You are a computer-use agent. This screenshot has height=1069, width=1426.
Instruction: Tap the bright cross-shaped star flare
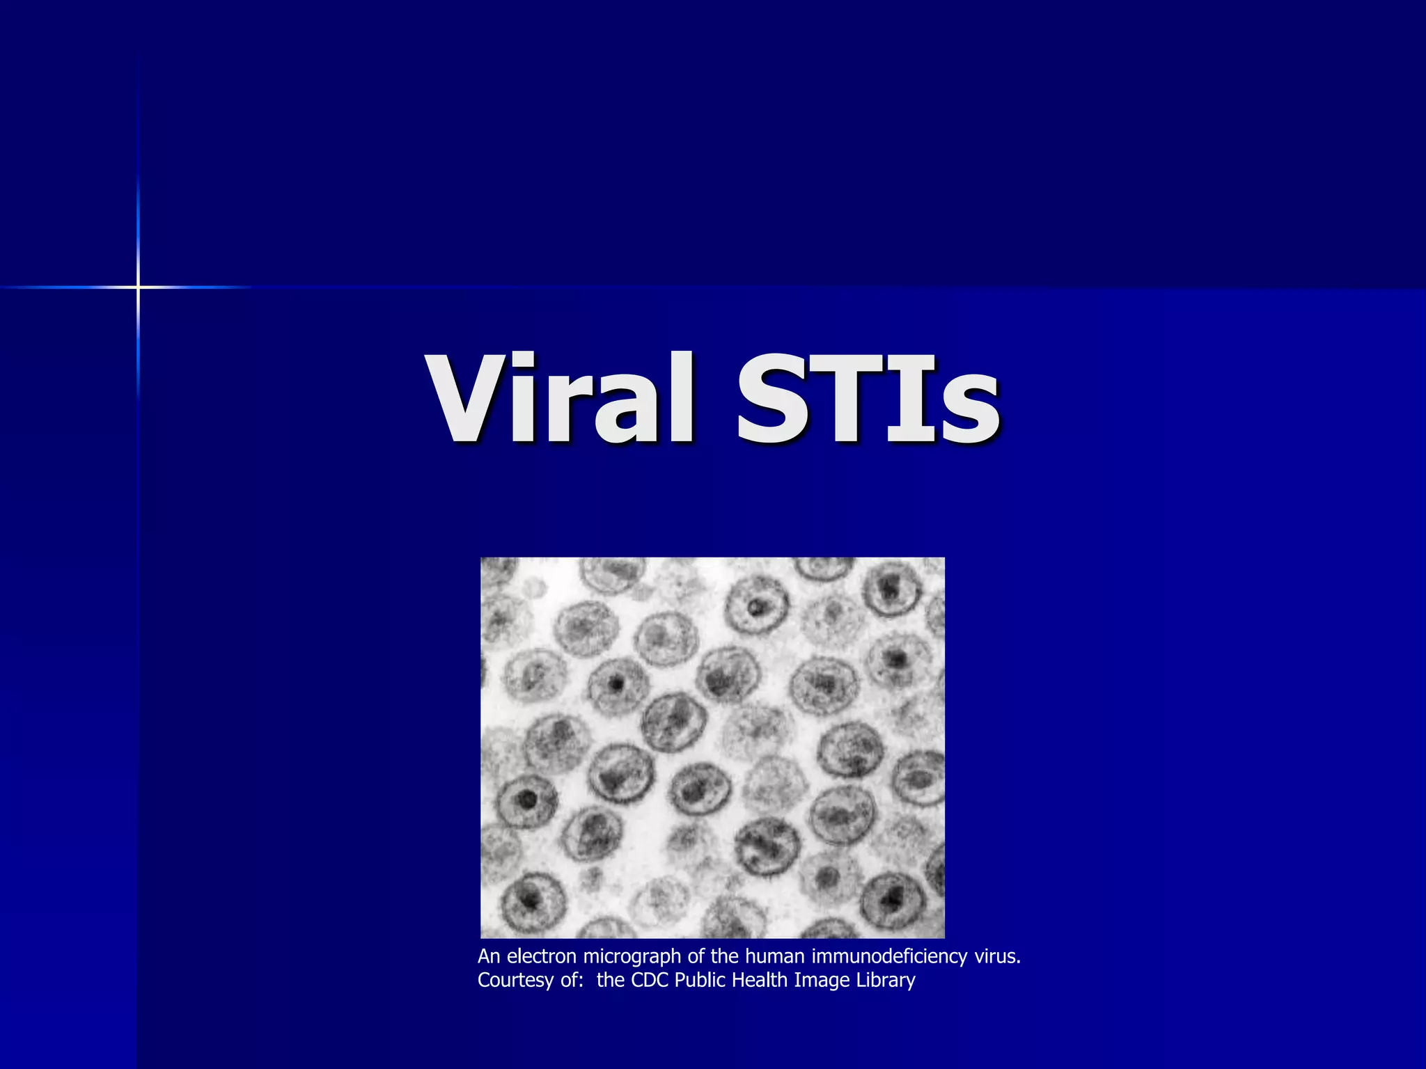(x=138, y=287)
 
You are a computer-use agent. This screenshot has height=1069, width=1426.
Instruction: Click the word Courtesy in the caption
(x=515, y=981)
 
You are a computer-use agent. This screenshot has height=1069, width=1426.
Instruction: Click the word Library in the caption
(x=886, y=981)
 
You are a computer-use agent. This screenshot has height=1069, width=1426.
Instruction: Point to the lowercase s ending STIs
(x=971, y=411)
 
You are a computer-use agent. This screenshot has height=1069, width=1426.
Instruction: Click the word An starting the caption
(x=488, y=956)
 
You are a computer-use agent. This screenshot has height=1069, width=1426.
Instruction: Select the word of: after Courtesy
(x=572, y=980)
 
